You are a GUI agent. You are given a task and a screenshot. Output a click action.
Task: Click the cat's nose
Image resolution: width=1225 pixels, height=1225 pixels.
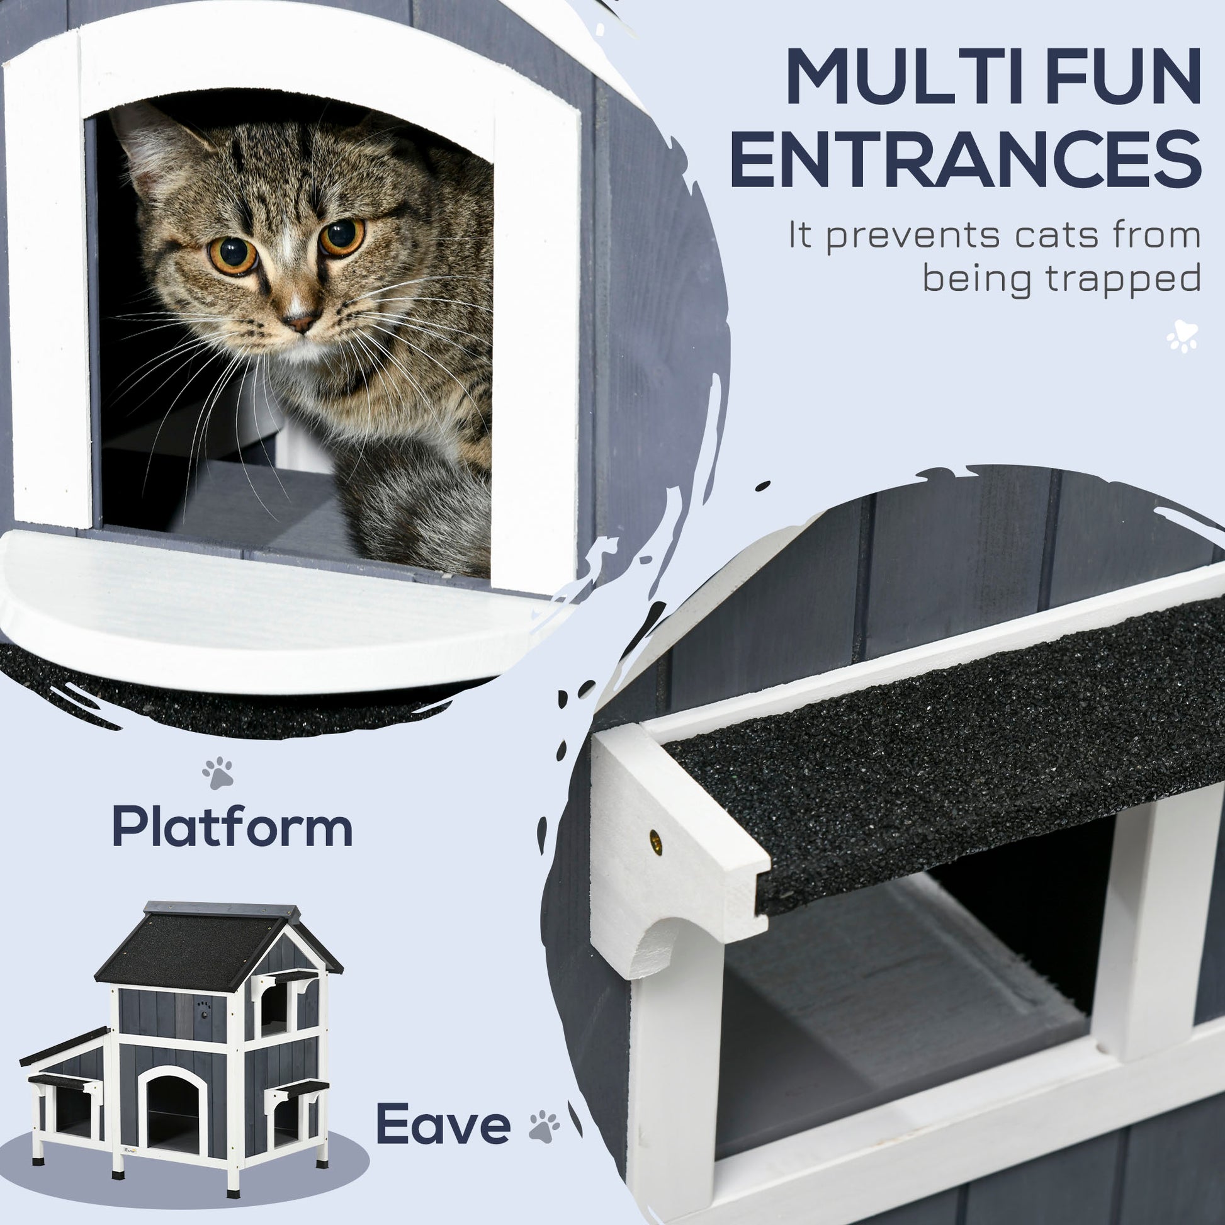[300, 322]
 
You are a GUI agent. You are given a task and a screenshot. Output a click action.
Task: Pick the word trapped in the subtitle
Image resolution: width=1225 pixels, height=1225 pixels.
[1123, 279]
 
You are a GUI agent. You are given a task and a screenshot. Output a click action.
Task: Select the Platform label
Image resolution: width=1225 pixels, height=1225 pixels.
[232, 827]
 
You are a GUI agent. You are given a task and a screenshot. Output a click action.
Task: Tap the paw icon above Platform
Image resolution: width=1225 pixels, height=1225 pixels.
[217, 772]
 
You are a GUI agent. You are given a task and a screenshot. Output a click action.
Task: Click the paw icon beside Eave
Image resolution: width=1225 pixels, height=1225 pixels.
[544, 1126]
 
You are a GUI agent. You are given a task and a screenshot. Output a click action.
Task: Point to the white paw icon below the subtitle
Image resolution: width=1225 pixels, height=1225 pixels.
[1183, 336]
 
